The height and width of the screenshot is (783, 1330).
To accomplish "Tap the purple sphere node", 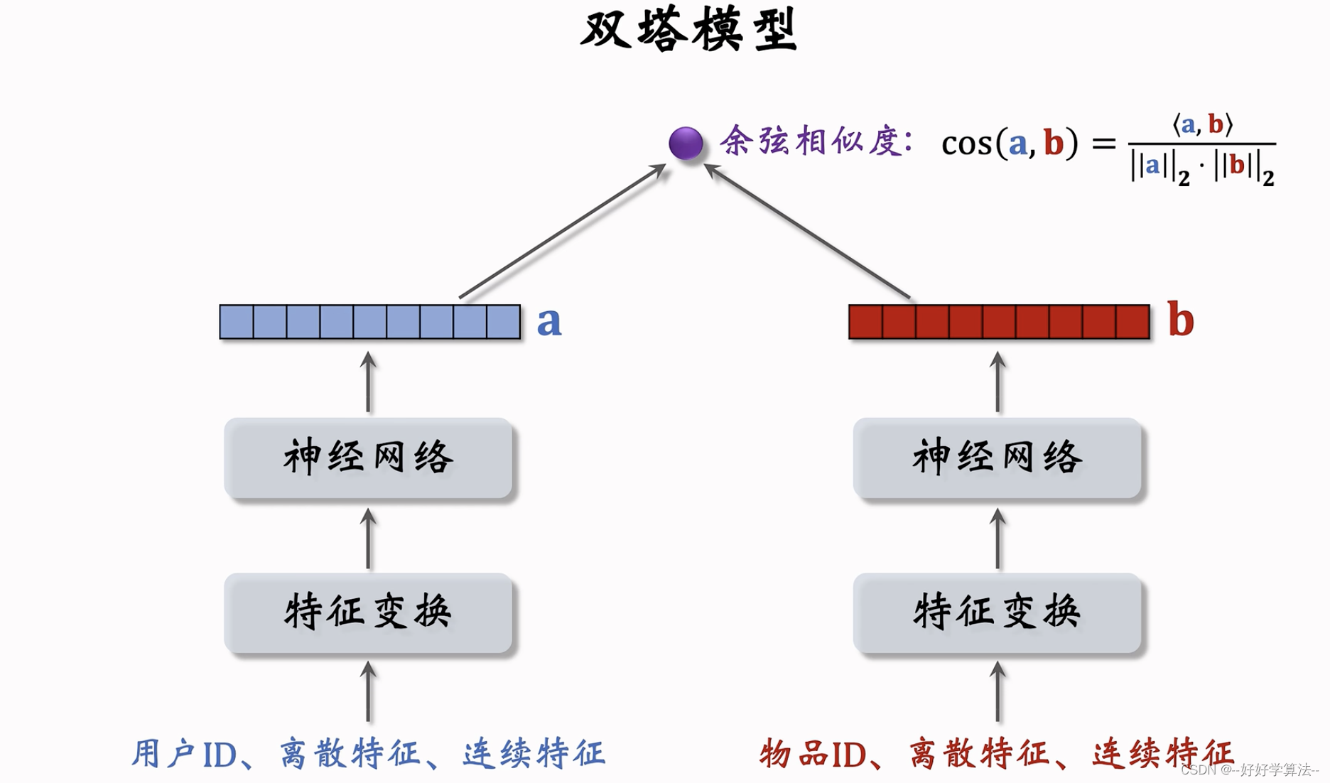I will pos(686,143).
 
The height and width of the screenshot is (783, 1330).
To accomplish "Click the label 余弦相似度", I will pos(816,141).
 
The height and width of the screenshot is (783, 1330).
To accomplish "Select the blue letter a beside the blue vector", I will pos(548,321).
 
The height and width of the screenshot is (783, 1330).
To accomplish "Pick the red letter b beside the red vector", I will pos(1180,320).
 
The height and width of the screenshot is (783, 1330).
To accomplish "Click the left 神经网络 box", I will pos(368,458).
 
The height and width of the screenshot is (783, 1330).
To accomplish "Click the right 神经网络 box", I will pos(997,458).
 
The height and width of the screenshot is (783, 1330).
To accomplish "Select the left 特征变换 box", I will pos(368,612).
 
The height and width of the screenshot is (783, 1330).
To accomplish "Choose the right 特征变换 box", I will pos(997,612).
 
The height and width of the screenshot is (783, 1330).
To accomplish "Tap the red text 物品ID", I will pos(813,754).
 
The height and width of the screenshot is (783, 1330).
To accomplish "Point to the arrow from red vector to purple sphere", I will pos(809,231).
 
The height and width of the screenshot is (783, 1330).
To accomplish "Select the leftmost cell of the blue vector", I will pos(237,322).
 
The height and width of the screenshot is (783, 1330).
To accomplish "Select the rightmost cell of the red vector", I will pos(1132,322).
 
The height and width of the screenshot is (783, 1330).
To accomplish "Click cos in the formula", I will pos(966,144).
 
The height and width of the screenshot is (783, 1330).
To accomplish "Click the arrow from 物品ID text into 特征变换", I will pos(997,692).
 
